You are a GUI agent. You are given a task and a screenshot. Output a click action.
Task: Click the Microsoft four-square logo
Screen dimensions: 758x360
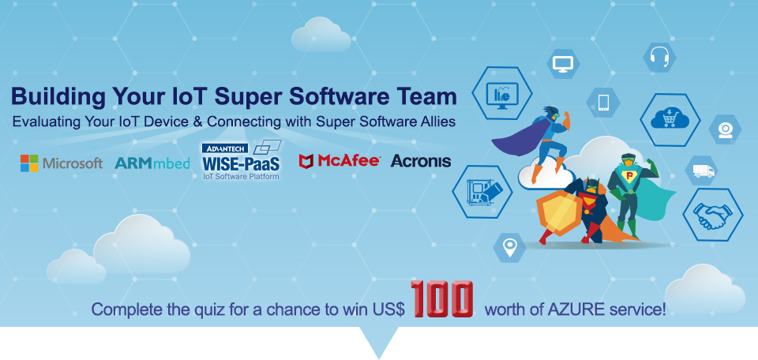(29, 163)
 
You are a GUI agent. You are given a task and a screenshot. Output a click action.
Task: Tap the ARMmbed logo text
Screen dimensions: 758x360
(152, 163)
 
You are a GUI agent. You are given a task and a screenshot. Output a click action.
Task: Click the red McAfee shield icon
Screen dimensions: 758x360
(306, 161)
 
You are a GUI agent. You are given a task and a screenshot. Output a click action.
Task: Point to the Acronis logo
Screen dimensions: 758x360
(421, 161)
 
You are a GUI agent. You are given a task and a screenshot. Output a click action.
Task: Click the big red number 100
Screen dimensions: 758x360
(442, 299)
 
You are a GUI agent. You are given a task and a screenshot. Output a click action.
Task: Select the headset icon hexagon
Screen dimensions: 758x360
(659, 58)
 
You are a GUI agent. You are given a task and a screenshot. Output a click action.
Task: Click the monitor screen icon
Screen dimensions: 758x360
(563, 64)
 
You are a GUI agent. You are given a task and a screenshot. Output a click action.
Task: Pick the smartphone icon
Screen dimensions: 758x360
(602, 103)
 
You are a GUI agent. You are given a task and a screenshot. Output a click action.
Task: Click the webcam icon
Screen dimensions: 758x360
(725, 129)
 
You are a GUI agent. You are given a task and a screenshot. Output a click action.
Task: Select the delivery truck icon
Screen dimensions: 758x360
(702, 171)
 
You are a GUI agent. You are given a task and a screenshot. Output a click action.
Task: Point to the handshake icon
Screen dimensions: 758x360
(712, 215)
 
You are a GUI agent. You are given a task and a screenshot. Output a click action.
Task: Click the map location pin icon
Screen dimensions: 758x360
(509, 248)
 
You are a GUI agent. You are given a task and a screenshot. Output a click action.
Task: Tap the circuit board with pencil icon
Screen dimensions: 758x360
(482, 191)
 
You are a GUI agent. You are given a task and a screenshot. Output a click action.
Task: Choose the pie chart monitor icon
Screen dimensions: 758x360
(502, 93)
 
